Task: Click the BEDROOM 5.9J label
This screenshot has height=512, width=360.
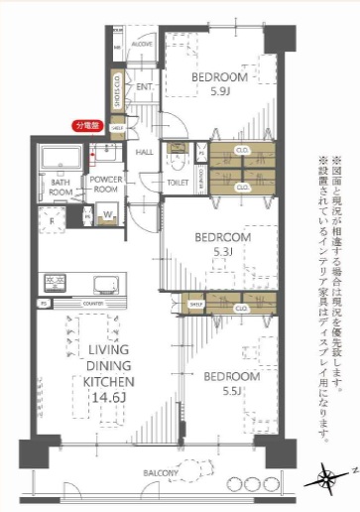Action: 220,84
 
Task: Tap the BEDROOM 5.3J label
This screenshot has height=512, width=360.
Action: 222,244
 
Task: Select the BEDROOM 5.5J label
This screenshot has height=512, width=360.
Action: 231,384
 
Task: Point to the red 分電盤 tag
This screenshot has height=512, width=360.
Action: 90,127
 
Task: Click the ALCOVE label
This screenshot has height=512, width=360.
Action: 141,45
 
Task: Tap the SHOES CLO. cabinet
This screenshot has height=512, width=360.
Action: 117,91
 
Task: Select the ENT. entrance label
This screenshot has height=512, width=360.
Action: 144,88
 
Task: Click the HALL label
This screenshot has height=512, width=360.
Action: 144,152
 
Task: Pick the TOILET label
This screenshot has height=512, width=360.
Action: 179,184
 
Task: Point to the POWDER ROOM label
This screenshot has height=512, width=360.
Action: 104,185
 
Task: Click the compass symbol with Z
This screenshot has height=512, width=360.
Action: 328,483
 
